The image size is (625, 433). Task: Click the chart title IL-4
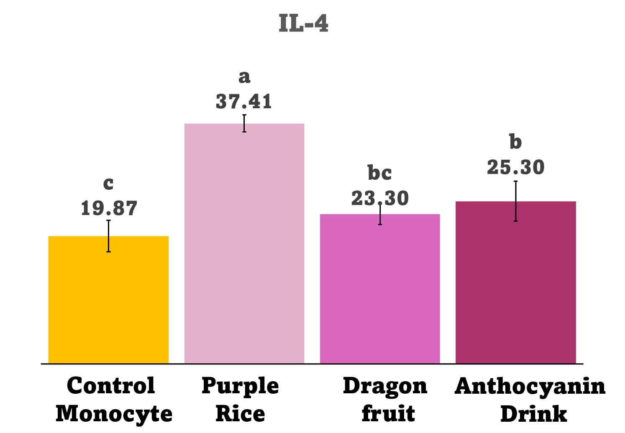click(x=303, y=23)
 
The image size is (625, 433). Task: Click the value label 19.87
click(x=109, y=208)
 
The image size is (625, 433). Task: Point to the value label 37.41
click(x=244, y=102)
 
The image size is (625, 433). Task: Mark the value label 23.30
click(x=379, y=198)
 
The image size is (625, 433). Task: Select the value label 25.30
click(x=515, y=167)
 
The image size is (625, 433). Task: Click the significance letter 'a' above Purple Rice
click(x=244, y=77)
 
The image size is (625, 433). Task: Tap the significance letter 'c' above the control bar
click(x=108, y=183)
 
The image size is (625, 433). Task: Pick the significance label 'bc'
click(x=379, y=173)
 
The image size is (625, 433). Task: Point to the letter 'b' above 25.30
click(x=515, y=142)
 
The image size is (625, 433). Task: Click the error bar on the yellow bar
click(x=108, y=236)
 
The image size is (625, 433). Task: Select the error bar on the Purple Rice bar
click(x=244, y=123)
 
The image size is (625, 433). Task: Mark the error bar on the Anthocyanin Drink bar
click(x=515, y=201)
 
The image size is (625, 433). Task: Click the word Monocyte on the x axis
click(x=114, y=414)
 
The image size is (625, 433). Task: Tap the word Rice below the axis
click(x=240, y=414)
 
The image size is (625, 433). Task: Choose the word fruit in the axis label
click(x=388, y=414)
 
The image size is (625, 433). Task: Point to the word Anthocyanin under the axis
click(x=530, y=386)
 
